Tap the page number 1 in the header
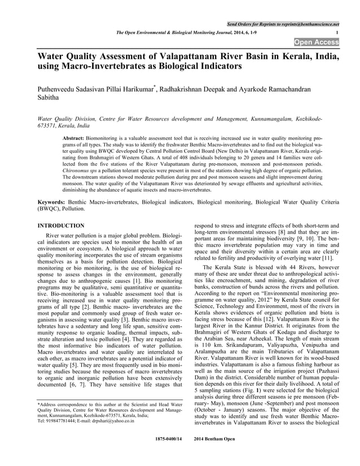pyautogui.click(x=337, y=33)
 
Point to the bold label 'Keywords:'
pyautogui.click(x=51, y=201)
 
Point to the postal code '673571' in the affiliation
pyautogui.click(x=49, y=127)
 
